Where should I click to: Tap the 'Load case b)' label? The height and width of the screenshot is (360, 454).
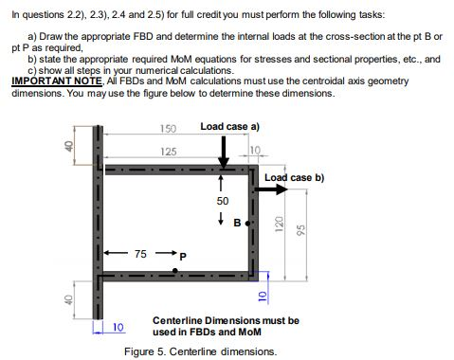(x=294, y=177)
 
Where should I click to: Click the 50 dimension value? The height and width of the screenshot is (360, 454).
(x=222, y=202)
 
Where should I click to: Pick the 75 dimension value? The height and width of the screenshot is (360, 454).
(x=140, y=254)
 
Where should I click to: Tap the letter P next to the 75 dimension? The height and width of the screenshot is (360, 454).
(x=184, y=255)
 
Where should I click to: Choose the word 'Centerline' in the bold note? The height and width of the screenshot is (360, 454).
(x=179, y=321)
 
